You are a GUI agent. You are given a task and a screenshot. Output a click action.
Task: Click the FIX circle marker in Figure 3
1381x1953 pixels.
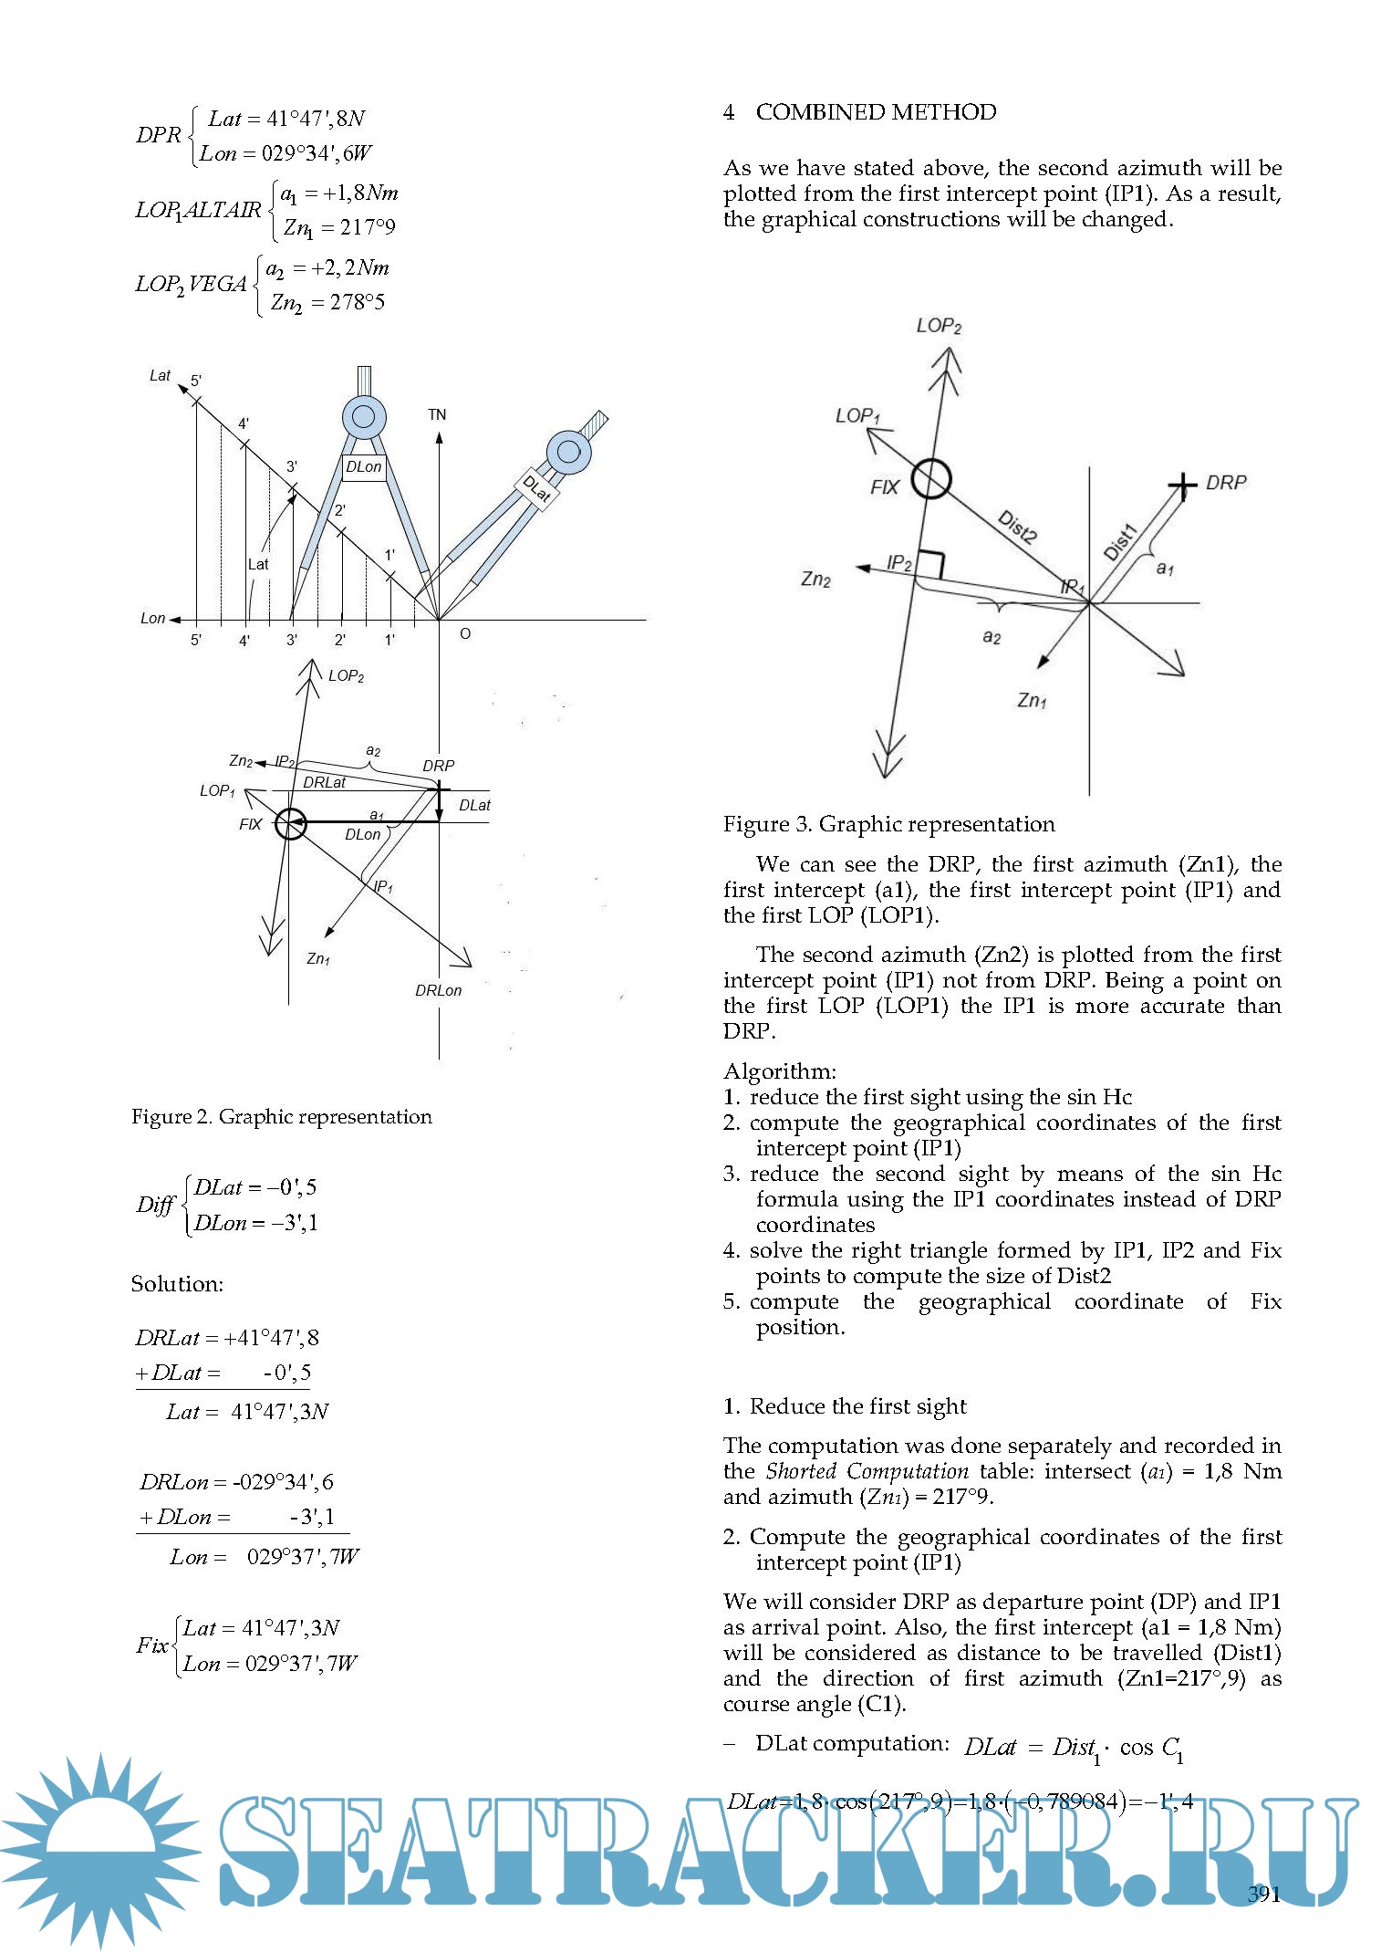coord(930,478)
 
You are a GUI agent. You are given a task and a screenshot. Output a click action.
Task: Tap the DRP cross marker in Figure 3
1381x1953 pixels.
coord(1183,486)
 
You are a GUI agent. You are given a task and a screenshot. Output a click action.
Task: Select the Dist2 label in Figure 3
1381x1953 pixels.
coord(1017,527)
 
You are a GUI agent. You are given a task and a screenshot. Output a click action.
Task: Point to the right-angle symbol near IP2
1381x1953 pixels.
coord(929,564)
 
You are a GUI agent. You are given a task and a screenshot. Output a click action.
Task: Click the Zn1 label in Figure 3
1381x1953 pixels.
coord(1032,700)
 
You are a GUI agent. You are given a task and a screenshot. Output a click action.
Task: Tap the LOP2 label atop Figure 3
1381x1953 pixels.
coord(939,326)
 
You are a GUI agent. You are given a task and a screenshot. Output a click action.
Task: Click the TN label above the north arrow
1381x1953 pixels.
coord(437,415)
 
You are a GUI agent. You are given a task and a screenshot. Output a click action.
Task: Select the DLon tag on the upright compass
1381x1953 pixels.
coord(363,467)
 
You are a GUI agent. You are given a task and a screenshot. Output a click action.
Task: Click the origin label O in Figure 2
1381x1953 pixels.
coord(465,633)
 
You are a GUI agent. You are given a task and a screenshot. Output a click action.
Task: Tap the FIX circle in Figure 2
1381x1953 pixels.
coord(291,824)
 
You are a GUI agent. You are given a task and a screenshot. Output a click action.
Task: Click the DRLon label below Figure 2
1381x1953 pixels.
coord(438,990)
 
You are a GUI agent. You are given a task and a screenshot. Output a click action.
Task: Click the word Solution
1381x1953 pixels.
coord(177,1284)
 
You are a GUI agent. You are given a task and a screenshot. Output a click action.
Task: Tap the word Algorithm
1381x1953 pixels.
coord(779,1070)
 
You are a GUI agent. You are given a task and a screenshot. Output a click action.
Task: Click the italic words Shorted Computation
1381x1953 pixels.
coord(867,1471)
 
